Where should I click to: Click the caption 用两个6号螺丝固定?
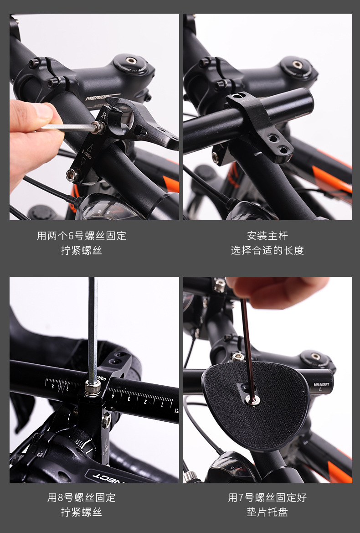(81, 236)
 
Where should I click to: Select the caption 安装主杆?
(267, 236)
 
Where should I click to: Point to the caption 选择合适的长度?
(267, 250)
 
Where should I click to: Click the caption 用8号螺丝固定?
(81, 497)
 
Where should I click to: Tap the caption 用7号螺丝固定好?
(267, 497)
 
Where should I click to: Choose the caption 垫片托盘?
(267, 512)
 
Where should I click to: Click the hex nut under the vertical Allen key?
(93, 388)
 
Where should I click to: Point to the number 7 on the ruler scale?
(67, 388)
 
